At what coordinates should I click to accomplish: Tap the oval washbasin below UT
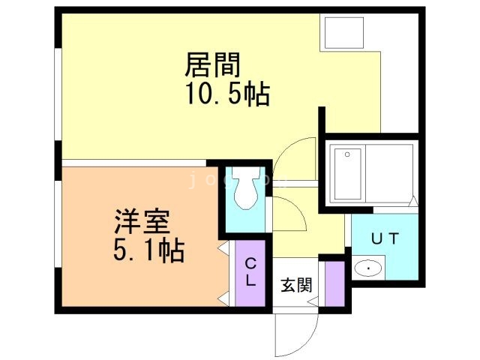(369, 268)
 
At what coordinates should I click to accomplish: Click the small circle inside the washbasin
(367, 268)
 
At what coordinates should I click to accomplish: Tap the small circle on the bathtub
(346, 154)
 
